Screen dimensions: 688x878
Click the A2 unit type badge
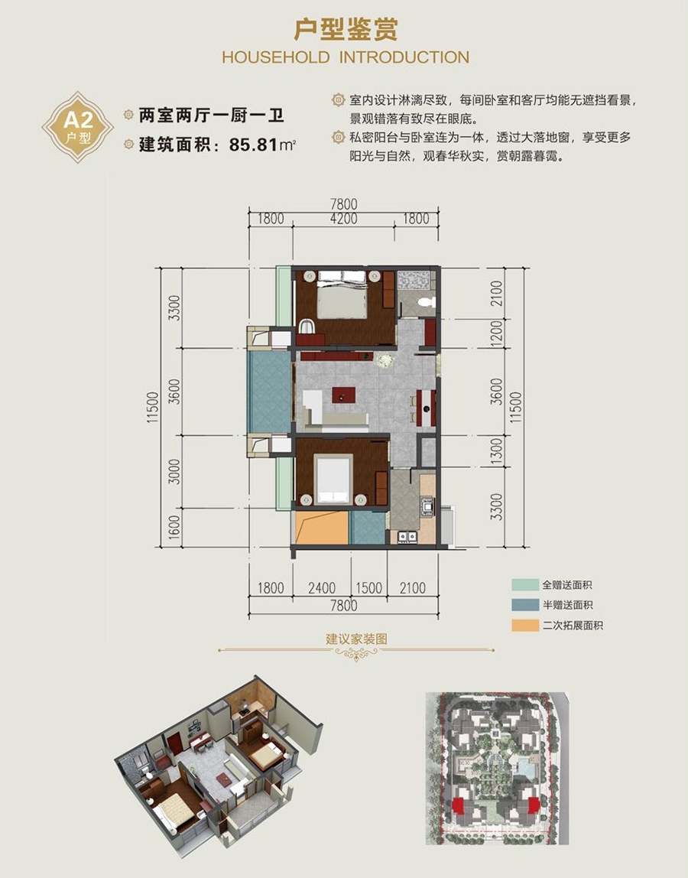[78, 128]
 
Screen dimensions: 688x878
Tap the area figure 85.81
[254, 145]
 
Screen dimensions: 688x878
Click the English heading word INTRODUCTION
[404, 57]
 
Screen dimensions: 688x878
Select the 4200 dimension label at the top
[344, 219]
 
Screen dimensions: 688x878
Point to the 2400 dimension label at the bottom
[322, 588]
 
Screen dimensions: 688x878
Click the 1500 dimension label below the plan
[369, 588]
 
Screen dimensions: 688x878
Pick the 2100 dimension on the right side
[497, 294]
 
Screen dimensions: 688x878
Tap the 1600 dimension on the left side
[174, 528]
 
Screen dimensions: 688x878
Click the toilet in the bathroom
[427, 302]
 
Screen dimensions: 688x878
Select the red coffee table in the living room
[343, 395]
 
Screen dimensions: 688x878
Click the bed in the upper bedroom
[342, 295]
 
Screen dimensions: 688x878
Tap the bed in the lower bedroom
[333, 480]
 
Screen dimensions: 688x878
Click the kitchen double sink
[407, 537]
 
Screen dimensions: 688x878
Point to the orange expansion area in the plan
[320, 528]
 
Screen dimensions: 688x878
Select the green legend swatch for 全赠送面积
[525, 585]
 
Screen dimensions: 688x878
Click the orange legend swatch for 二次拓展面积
[525, 626]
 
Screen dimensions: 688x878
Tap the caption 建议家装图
[356, 639]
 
